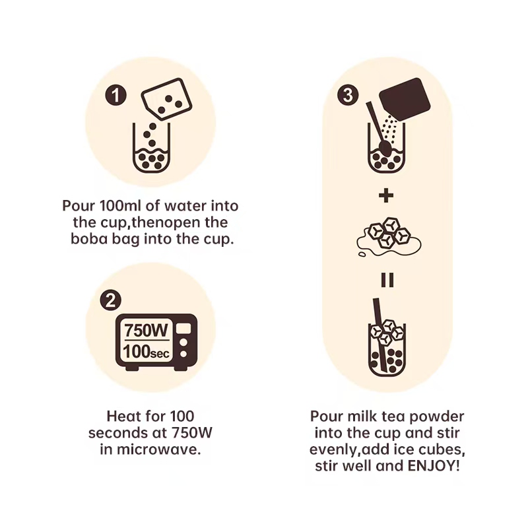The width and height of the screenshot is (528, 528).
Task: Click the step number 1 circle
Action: tap(116, 95)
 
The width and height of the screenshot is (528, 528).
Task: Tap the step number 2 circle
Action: tap(111, 300)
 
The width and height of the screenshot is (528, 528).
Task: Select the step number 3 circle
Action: tap(348, 95)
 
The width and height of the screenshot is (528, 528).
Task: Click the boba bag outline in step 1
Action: tap(167, 100)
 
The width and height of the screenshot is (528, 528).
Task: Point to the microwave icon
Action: tap(156, 342)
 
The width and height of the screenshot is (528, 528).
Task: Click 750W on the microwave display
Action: tap(146, 331)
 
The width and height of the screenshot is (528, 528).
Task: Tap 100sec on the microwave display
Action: tap(146, 351)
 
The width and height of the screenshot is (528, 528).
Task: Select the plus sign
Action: tap(386, 195)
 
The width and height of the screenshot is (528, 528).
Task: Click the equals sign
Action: tap(387, 280)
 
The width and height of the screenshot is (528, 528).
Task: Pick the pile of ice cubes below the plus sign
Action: tap(389, 236)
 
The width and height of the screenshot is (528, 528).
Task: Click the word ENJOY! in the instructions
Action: tap(434, 466)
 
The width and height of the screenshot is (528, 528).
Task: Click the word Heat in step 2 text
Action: tap(121, 416)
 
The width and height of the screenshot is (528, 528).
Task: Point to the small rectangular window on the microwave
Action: tap(184, 328)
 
